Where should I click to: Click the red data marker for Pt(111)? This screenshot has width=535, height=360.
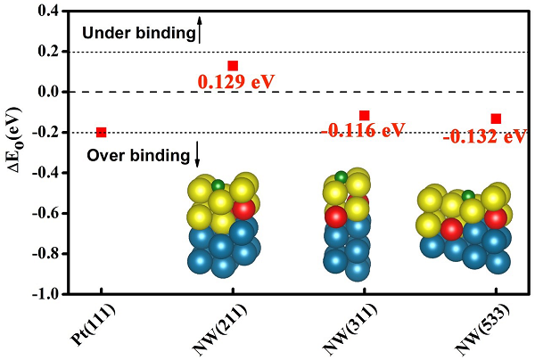coord(101,132)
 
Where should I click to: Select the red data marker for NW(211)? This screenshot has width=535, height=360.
coord(233,65)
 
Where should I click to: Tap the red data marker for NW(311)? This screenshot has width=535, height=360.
coord(364,115)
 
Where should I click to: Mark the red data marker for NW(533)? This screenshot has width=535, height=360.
coord(496,119)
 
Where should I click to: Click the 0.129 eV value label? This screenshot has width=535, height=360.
coord(235,82)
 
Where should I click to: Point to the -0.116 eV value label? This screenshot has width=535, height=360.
coord(363,131)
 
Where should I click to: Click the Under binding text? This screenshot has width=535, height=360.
coord(137,34)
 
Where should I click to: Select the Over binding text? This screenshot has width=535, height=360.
coord(138,156)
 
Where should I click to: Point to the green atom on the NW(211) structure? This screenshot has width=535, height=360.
coord(218,185)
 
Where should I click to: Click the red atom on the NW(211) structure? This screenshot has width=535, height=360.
coord(243,209)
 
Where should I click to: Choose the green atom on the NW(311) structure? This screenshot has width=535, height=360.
coord(341,176)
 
